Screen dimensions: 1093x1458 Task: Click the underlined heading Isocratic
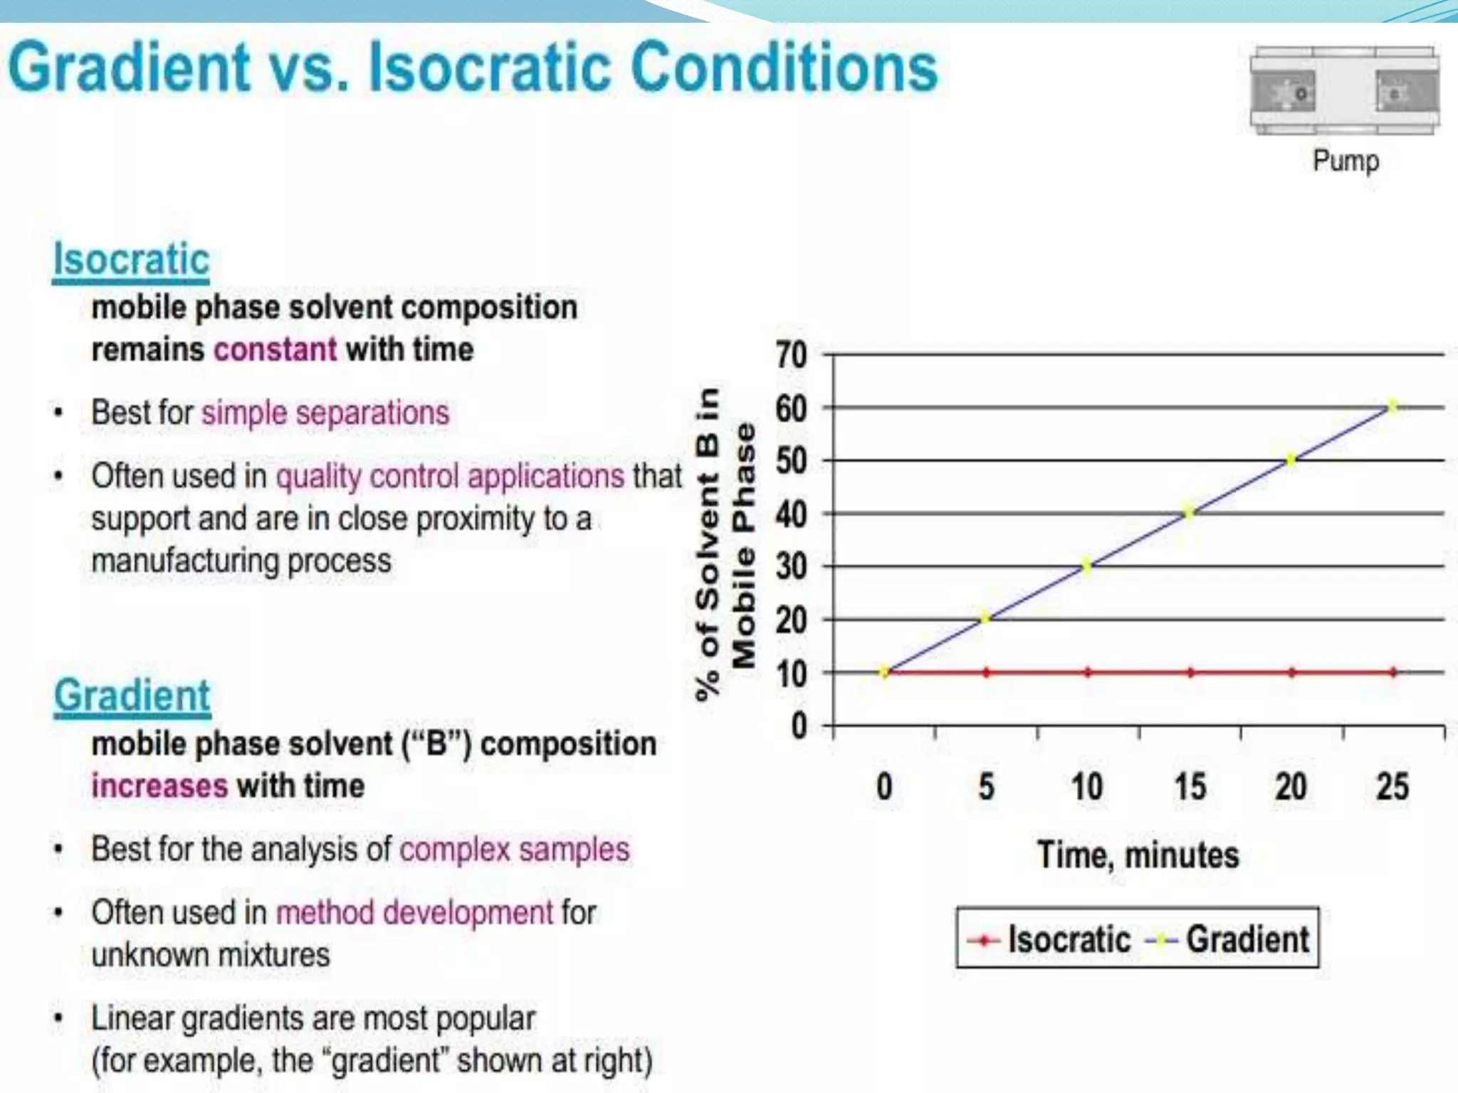click(x=132, y=260)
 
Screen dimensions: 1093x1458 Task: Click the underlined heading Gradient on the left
click(x=132, y=696)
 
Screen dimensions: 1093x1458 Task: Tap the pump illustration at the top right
click(x=1345, y=91)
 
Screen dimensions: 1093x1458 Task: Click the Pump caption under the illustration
click(x=1346, y=161)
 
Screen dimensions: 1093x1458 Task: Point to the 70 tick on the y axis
click(x=792, y=354)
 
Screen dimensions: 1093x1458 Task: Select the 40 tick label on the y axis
click(x=792, y=514)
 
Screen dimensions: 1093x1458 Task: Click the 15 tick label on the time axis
click(x=1190, y=787)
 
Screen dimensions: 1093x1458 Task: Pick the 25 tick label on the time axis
click(x=1393, y=787)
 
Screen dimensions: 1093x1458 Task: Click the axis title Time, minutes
click(x=1138, y=855)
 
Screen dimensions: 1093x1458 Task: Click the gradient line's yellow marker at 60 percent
click(x=1393, y=407)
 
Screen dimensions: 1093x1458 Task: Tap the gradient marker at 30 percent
click(x=1087, y=566)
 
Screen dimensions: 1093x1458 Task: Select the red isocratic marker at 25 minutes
click(x=1393, y=672)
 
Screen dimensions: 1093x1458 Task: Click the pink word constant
click(x=276, y=349)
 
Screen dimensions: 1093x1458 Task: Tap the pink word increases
click(x=159, y=786)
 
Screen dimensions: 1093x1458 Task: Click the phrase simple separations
click(x=325, y=413)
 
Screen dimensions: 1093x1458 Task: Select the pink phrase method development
click(x=414, y=912)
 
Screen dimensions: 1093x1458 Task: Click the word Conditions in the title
click(x=784, y=68)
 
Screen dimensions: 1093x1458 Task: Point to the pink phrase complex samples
click(x=515, y=850)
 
